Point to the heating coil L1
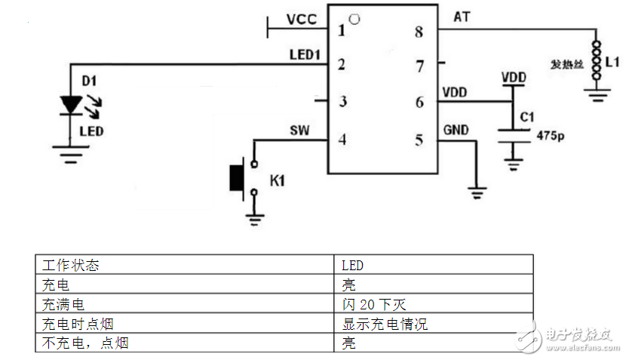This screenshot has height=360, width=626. [597, 59]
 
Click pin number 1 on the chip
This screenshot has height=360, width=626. [342, 31]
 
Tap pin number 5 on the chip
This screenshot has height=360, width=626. [419, 139]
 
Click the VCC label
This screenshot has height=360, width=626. [302, 19]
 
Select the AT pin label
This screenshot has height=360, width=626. [462, 16]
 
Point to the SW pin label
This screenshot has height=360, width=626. [300, 130]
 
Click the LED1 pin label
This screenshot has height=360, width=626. [305, 54]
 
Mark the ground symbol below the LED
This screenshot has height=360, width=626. [72, 157]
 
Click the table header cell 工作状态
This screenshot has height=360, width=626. [71, 266]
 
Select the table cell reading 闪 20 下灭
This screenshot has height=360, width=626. [374, 305]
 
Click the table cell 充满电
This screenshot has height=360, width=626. [63, 305]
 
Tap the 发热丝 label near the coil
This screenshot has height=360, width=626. [567, 64]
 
